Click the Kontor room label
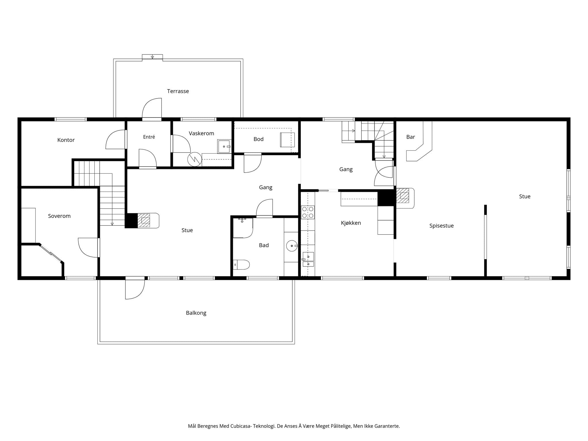[66, 140]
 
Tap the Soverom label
[59, 216]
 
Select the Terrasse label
[178, 91]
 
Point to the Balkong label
[196, 313]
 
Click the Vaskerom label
[201, 134]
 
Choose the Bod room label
[258, 139]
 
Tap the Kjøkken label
[351, 223]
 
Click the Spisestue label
[442, 226]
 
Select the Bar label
[411, 137]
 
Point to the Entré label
[149, 137]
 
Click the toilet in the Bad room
[241, 264]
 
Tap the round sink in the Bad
[292, 246]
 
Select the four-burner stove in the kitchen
[308, 212]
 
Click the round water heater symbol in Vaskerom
[195, 159]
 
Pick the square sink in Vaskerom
[224, 146]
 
